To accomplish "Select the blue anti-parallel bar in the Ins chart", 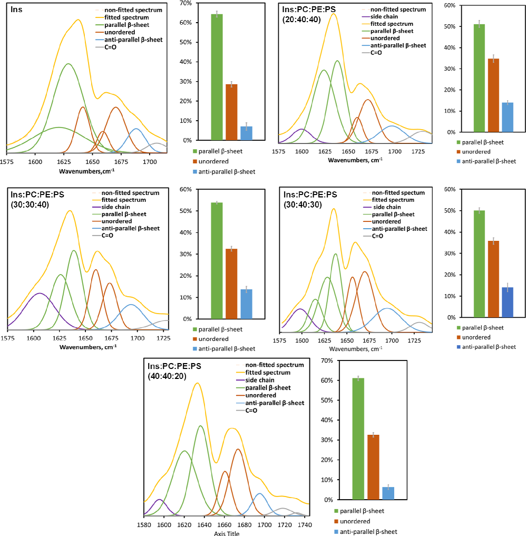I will [x=247, y=133].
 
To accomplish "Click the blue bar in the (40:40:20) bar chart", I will [x=388, y=493].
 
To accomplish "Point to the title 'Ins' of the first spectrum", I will [x=16, y=9].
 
